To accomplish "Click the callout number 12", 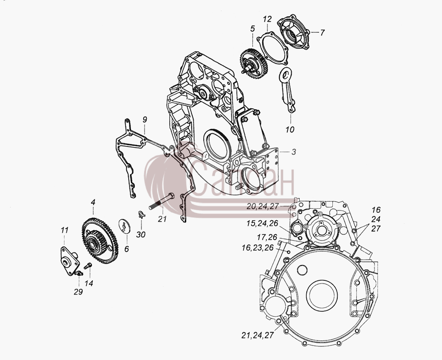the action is [267, 19].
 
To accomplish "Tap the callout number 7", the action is [322, 32].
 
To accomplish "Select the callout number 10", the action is [290, 130].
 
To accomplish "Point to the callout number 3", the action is [294, 152].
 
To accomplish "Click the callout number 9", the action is [145, 119].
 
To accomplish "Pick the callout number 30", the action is [141, 234].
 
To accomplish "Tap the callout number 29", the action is [78, 292].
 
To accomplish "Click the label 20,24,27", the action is [263, 207].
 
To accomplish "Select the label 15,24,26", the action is [262, 223].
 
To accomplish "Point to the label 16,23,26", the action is [258, 248].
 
